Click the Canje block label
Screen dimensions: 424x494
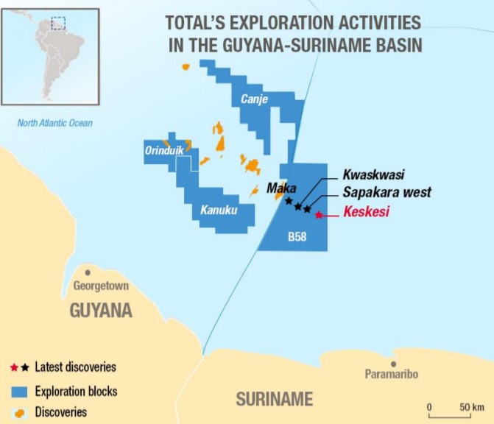254,99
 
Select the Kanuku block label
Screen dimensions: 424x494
219,211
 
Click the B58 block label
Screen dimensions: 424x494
297,238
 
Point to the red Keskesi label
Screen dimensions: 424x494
366,213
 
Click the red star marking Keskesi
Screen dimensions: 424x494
318,215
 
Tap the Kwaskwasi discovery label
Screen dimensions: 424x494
373,175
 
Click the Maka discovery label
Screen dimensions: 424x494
281,188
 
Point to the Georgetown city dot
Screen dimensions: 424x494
88,272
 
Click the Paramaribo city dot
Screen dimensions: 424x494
394,363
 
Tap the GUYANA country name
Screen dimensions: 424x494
101,311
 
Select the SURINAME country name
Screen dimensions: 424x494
274,399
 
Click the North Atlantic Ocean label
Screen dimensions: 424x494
55,123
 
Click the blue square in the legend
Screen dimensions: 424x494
19,391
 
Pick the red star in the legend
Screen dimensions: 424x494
13,367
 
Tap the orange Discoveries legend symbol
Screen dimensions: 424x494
19,412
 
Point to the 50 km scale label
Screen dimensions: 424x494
471,407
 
